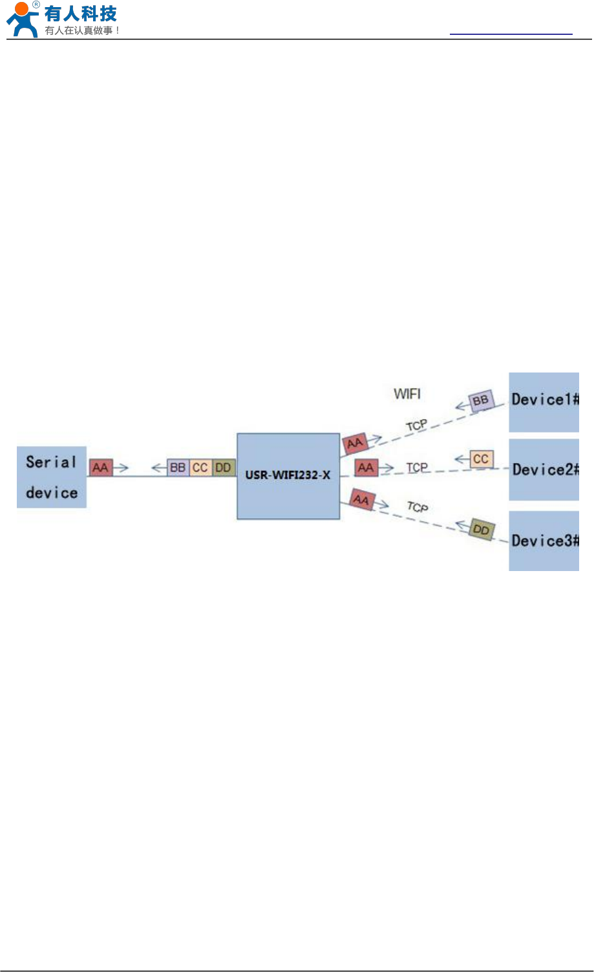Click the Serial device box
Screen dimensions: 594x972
tap(51, 477)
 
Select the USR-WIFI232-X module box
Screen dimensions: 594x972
tap(288, 476)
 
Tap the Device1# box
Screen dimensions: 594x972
tap(544, 402)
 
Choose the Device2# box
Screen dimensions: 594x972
tap(544, 470)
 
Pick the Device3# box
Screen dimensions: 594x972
tap(544, 541)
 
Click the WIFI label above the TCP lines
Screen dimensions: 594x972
tap(407, 393)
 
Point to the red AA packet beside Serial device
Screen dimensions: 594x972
tap(101, 467)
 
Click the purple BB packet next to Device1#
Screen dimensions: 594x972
tap(481, 401)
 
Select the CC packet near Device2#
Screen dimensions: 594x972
tap(481, 459)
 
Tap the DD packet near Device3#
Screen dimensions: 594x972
tap(482, 530)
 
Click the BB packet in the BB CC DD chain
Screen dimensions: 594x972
tap(178, 467)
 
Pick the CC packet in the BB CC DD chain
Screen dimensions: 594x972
tap(200, 467)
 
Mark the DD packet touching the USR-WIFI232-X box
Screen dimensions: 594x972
tap(224, 467)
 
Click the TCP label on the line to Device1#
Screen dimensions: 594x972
tap(416, 426)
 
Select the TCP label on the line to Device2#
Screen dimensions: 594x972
tap(417, 467)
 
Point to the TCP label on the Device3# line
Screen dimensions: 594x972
tap(418, 507)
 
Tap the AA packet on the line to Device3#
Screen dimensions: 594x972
tap(361, 500)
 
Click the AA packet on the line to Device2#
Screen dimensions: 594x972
tap(366, 467)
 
